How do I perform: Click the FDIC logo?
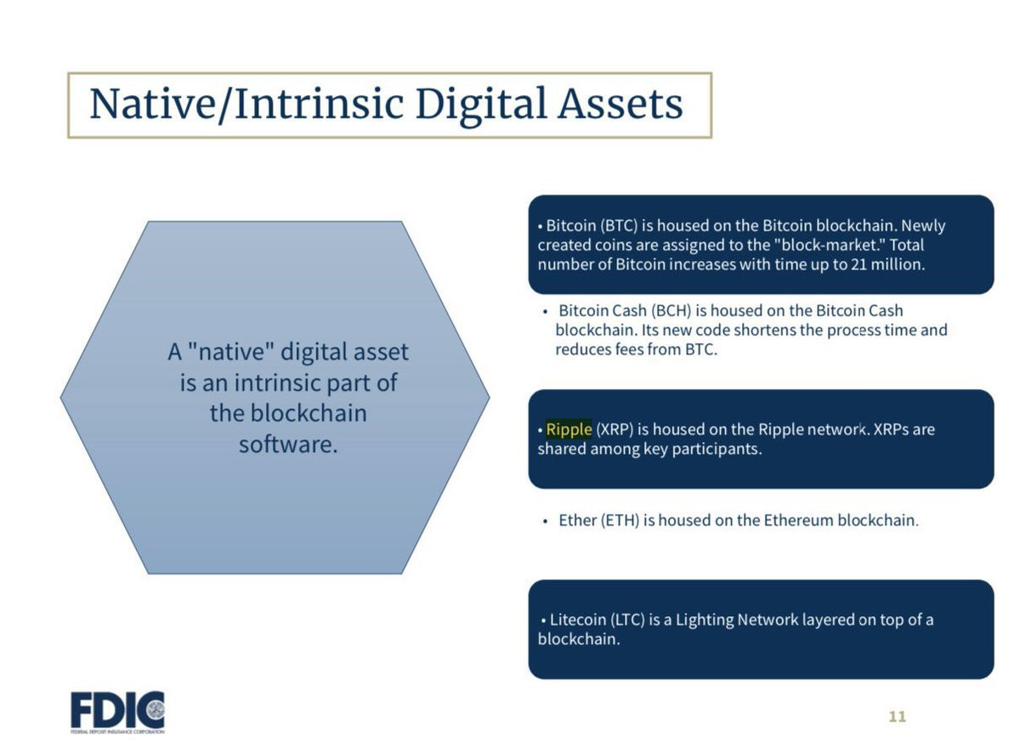coord(117,712)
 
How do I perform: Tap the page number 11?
coord(897,717)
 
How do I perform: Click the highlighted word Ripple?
coord(569,429)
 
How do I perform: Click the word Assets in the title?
coord(620,104)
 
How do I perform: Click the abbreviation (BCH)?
coord(671,311)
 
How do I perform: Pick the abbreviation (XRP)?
coord(615,429)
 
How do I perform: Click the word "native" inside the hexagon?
coord(231,352)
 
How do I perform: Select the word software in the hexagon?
coord(288,444)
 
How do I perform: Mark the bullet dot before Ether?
coord(545,522)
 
